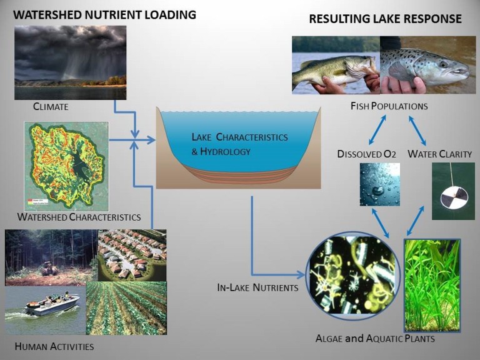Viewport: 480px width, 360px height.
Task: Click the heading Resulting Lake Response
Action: [386, 19]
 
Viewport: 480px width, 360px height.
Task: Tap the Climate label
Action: [51, 107]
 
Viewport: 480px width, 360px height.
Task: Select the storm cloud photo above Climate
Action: [70, 62]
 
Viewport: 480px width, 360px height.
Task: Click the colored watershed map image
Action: [66, 166]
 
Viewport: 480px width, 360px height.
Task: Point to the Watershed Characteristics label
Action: [79, 217]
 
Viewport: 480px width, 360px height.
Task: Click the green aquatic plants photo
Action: [432, 285]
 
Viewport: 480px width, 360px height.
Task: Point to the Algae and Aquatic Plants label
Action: [375, 339]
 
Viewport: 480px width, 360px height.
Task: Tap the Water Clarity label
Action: [439, 154]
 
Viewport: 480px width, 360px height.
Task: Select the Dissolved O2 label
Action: [367, 154]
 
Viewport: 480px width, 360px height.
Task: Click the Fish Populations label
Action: [389, 106]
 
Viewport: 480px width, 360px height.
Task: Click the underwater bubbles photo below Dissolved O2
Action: [379, 184]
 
